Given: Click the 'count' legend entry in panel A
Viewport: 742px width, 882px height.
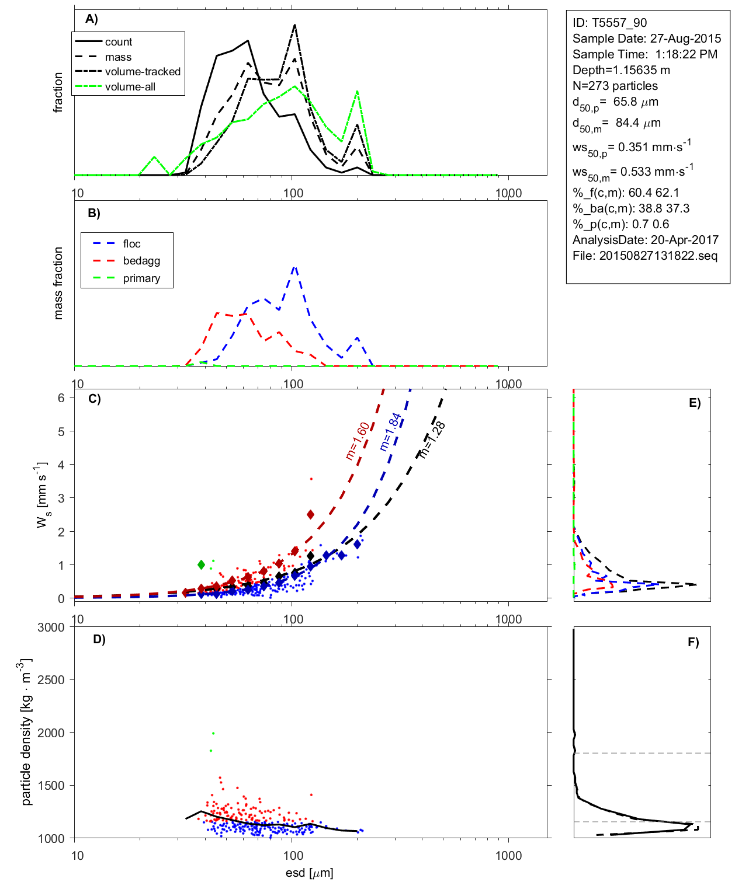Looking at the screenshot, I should point(119,42).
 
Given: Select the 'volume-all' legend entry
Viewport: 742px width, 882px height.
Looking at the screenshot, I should point(130,87).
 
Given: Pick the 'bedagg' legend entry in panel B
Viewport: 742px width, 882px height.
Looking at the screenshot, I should point(141,261).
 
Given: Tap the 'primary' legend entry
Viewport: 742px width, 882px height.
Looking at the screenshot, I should point(141,278).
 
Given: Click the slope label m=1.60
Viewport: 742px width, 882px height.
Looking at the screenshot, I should point(357,441).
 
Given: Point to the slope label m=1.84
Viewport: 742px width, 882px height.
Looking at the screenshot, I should point(390,432).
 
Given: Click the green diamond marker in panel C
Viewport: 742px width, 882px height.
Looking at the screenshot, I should point(202,564).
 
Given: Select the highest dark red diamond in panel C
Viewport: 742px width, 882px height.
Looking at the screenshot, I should point(311,514).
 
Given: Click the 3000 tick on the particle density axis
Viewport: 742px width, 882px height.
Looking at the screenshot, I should point(51,627).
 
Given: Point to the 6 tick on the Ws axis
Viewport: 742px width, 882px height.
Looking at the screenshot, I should point(61,398).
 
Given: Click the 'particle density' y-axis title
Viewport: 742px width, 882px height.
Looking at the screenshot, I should point(26,732).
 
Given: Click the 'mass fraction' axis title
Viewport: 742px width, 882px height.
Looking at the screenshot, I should point(58,283).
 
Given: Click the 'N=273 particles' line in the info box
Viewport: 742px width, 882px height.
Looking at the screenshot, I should point(615,86).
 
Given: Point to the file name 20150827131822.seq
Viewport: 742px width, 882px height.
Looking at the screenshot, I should point(658,256).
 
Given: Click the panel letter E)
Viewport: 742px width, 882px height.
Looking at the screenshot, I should point(694,403).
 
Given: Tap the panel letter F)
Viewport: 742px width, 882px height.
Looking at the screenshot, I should point(693,642).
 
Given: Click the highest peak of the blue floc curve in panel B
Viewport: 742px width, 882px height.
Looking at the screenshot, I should point(294,267).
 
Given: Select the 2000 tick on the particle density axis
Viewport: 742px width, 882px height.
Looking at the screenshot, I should point(51,733).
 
